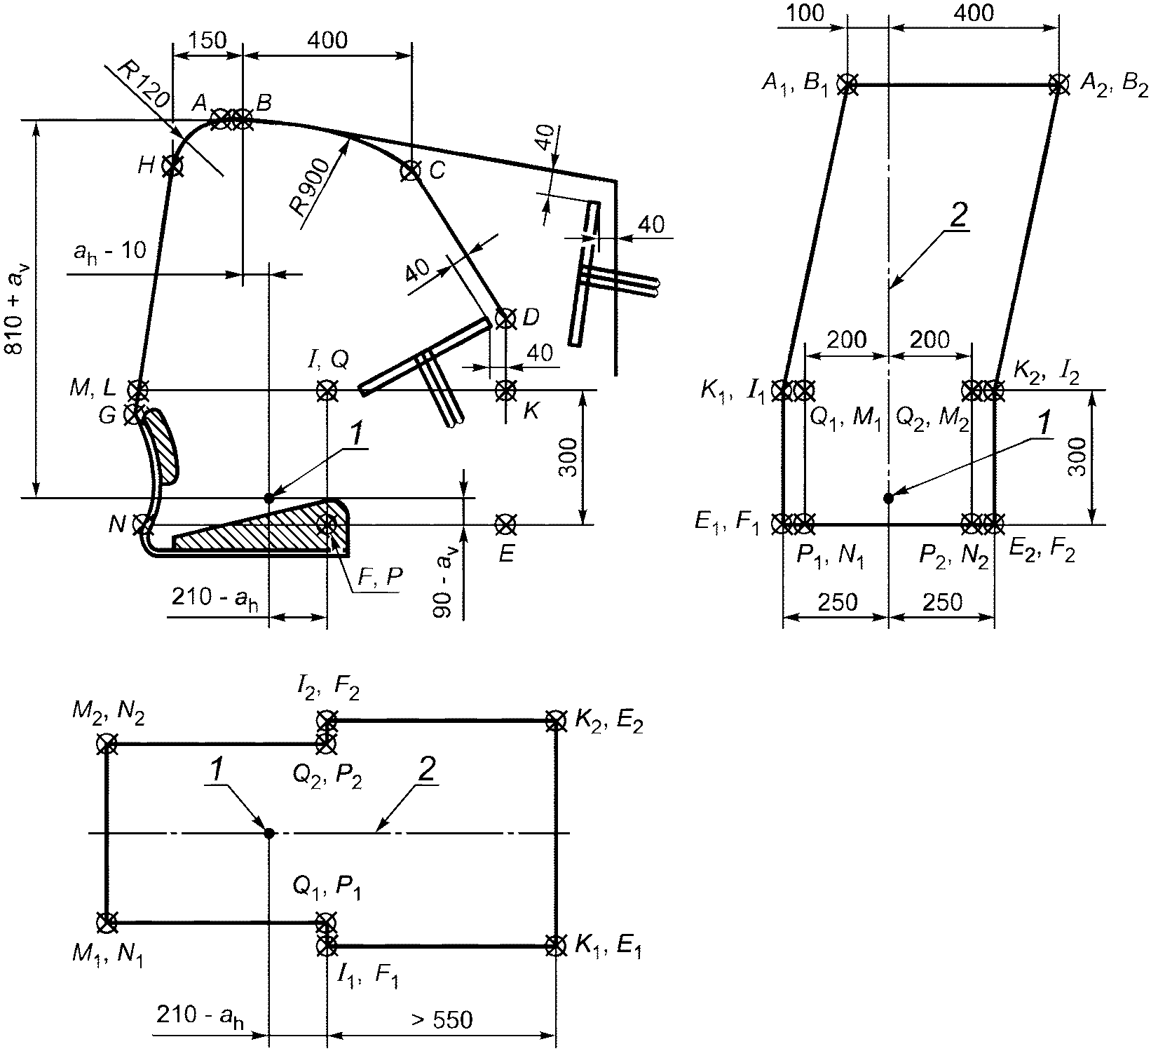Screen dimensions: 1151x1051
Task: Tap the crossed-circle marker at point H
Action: click(x=172, y=166)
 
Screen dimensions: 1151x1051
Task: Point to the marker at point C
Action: click(x=410, y=170)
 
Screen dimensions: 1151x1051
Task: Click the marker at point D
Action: click(x=505, y=318)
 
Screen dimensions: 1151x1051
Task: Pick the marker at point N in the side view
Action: click(x=142, y=524)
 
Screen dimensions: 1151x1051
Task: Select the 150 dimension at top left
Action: click(x=207, y=40)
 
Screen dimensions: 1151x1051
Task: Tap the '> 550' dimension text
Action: click(x=442, y=1019)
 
